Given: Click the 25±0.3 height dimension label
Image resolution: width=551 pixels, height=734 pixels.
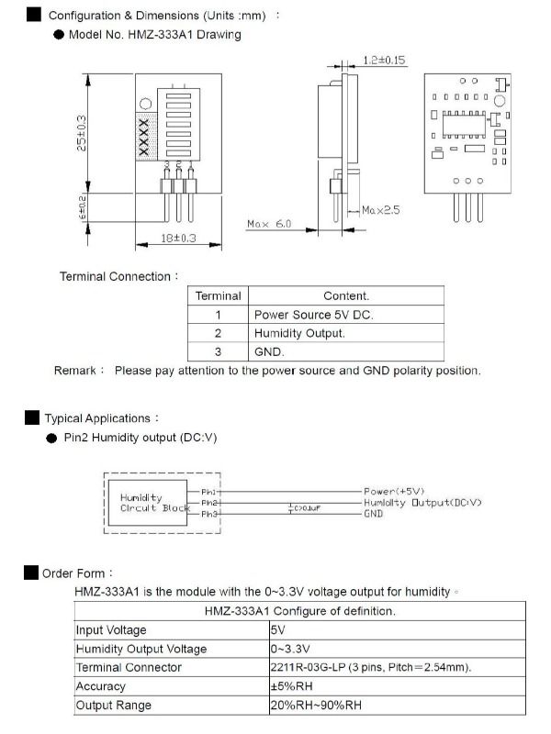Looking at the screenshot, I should [82, 133].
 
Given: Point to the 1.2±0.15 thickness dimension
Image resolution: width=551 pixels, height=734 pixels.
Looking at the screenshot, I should [384, 61].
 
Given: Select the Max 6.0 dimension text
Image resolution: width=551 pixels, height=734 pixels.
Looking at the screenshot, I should [269, 223].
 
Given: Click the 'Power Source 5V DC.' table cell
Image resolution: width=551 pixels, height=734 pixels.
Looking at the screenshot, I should [313, 315].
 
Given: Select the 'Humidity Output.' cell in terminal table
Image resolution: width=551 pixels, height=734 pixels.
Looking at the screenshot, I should [299, 333].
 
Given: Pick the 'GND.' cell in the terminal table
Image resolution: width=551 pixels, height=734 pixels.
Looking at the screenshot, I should [270, 351].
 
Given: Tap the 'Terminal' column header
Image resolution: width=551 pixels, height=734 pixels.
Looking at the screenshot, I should [219, 295].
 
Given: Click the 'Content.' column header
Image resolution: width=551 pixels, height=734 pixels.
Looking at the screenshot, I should [346, 295].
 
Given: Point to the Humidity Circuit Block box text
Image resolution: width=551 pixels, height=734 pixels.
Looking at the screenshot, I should [154, 503].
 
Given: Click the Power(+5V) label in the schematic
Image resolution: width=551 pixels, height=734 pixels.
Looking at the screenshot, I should [395, 492].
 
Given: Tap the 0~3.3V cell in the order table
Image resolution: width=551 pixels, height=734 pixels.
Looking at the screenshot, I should [289, 649].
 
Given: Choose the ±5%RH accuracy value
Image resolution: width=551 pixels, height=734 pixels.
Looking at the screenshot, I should [292, 686].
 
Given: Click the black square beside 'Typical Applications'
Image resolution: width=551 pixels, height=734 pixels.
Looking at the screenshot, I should [32, 418].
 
